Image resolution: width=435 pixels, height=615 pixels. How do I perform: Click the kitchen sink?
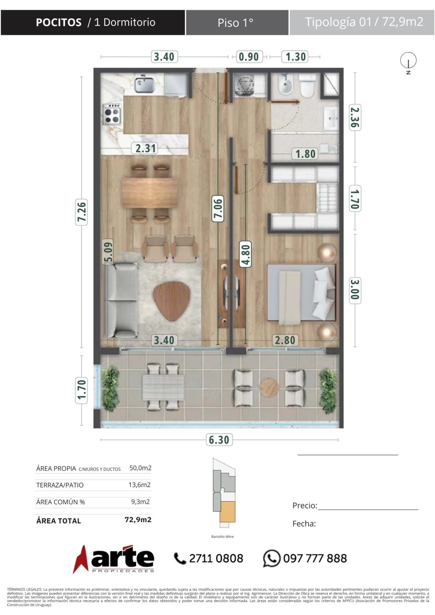[x=144, y=84]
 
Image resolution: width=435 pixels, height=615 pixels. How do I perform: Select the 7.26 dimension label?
[x=81, y=212]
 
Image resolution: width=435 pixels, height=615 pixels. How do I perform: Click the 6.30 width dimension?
[x=219, y=440]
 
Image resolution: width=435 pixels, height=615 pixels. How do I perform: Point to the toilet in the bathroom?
[x=307, y=85]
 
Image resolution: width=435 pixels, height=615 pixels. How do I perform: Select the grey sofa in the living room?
[x=122, y=300]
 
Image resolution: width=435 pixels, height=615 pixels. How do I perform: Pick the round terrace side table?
[x=269, y=388]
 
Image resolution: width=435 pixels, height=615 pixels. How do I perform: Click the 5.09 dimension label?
[x=108, y=251]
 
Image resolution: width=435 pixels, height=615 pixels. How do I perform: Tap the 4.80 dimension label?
[x=246, y=254]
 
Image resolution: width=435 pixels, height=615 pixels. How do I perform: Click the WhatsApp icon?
[x=272, y=558]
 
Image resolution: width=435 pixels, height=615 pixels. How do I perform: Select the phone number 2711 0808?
[x=216, y=558]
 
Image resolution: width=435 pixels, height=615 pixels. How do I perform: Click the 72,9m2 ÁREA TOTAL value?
[x=138, y=520]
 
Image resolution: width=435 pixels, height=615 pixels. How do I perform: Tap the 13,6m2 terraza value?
[x=139, y=485]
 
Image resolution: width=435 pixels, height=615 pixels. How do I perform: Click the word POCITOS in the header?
[x=59, y=22]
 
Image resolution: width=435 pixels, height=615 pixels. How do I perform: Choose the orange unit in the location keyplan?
[x=227, y=512]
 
